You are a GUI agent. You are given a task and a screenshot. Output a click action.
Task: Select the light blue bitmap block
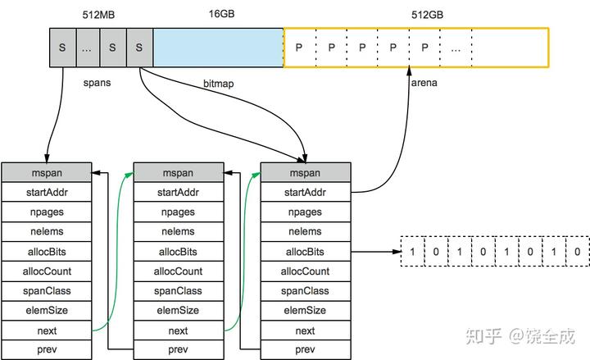click(x=218, y=48)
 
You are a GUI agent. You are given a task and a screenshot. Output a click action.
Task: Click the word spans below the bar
click(x=97, y=83)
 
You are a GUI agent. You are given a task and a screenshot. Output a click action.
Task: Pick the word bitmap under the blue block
click(x=219, y=84)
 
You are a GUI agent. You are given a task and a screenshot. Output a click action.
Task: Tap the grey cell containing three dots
click(x=88, y=48)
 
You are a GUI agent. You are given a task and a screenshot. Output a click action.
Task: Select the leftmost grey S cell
click(x=62, y=48)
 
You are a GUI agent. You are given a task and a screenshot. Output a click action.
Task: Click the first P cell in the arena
click(x=299, y=48)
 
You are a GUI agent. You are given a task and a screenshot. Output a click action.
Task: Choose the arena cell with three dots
click(x=456, y=48)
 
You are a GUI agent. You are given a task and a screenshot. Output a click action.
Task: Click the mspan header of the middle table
click(x=179, y=174)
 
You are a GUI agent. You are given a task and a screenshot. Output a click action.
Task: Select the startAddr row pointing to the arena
click(x=305, y=194)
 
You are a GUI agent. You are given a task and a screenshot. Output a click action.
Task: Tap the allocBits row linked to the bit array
click(x=305, y=252)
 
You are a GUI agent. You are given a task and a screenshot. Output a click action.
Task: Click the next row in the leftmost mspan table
click(x=47, y=330)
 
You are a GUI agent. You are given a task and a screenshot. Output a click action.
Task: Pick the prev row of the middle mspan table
click(x=179, y=350)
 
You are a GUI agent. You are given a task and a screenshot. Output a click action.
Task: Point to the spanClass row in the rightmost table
click(x=305, y=291)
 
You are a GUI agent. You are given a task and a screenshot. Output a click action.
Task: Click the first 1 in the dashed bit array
click(x=413, y=252)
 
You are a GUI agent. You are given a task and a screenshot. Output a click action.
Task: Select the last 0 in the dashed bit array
click(x=578, y=252)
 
